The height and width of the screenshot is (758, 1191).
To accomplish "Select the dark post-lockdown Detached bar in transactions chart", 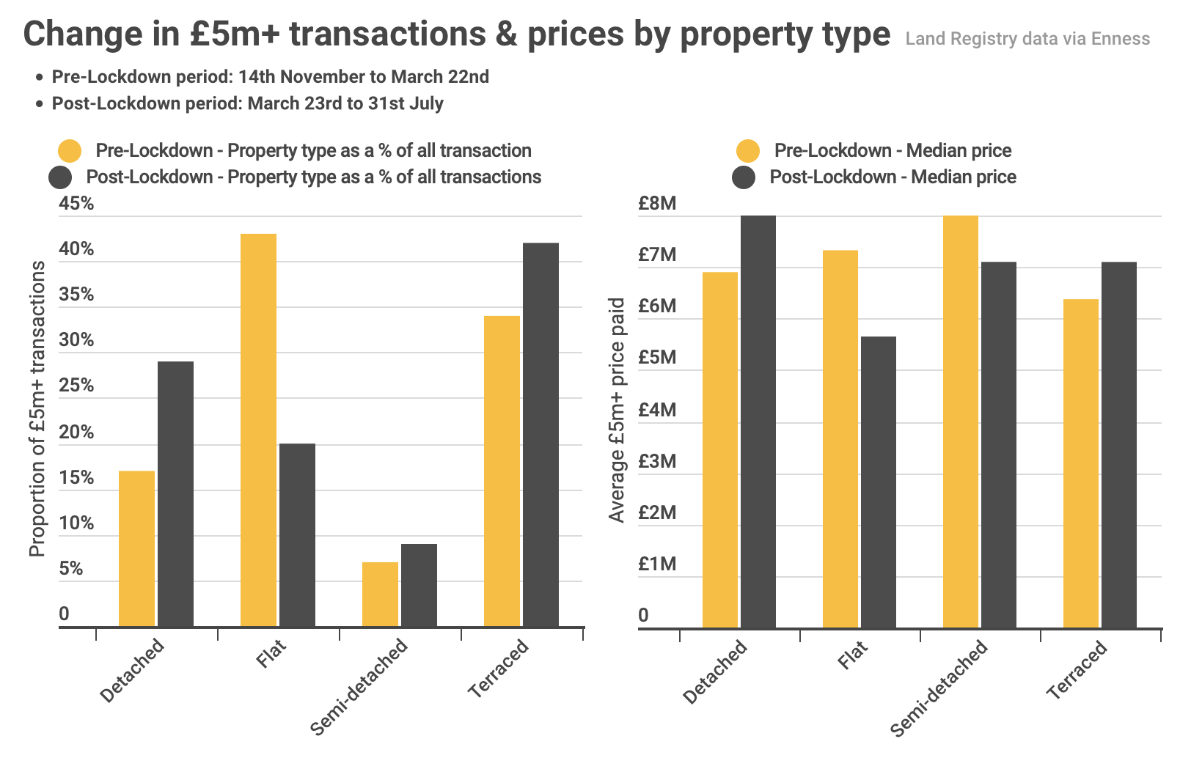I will click(x=175, y=494).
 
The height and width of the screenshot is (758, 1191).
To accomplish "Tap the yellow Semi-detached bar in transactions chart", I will click(x=380, y=595).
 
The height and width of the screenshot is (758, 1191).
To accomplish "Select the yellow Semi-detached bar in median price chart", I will click(x=960, y=422).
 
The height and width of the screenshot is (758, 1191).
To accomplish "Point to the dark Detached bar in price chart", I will click(x=758, y=422).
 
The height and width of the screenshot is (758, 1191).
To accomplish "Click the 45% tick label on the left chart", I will click(x=76, y=203).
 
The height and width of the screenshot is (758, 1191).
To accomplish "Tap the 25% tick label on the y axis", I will click(x=76, y=386).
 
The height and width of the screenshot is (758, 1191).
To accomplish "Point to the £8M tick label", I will click(x=656, y=203).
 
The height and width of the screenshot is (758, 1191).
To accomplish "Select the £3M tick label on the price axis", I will click(x=656, y=461).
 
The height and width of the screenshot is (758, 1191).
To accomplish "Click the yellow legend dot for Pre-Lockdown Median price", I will click(x=748, y=150).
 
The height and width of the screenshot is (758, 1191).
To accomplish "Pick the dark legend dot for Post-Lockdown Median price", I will click(x=744, y=177).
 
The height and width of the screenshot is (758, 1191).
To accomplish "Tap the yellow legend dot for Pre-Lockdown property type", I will click(x=70, y=150).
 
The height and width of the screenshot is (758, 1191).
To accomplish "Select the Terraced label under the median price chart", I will click(x=1076, y=669).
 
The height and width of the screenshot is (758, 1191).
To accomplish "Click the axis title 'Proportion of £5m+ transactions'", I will click(x=37, y=408).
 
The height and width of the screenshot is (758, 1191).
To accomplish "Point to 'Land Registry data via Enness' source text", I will click(x=1027, y=39).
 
